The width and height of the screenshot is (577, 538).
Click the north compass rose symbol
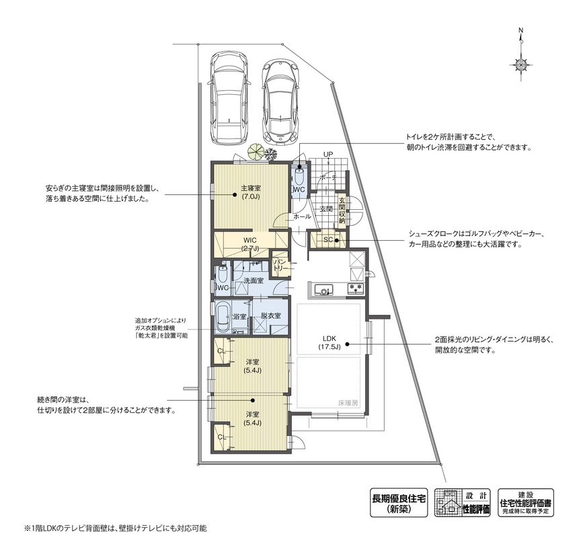521,65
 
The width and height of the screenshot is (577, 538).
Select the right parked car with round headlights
280,102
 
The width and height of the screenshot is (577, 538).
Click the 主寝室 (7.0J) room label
250,192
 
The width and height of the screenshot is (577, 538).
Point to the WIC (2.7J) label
250,244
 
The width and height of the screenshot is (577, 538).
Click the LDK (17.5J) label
330,342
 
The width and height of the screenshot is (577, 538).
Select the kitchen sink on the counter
323,290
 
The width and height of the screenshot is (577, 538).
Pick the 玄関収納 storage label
342,210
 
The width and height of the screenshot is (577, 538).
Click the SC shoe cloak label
328,240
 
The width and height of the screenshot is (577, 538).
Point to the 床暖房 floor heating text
348,403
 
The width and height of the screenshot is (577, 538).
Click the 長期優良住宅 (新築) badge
399,502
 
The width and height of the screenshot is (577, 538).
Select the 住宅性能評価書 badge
525,502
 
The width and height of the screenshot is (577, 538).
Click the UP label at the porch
328,154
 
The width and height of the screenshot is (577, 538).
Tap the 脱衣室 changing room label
271,315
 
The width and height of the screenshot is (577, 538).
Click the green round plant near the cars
256,151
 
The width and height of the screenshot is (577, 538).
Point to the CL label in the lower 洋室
221,437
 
